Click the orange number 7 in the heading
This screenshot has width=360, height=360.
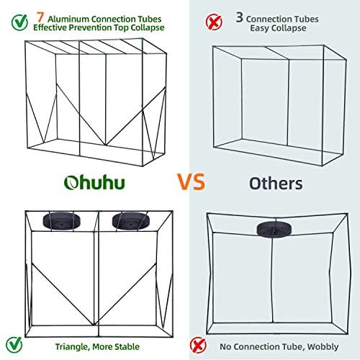pos(40,17)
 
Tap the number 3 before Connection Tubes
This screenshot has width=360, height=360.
pos(240,17)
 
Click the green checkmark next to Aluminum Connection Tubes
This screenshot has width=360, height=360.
pos(19,22)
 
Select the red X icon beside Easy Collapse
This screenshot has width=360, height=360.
pos(214,22)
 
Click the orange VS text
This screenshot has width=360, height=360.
pos(192,181)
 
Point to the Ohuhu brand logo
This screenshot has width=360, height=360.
pos(94,183)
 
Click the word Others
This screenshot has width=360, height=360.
pos(276,184)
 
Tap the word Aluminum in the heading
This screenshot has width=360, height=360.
pos(68,19)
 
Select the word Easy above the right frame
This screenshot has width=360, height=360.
pos(258,28)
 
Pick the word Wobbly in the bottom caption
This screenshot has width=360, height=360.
pos(323,347)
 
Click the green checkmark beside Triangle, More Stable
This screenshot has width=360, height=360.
pos(14,345)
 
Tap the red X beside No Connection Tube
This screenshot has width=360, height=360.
pos(198,346)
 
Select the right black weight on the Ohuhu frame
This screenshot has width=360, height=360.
pos(131,221)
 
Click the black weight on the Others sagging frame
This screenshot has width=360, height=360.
pos(274,230)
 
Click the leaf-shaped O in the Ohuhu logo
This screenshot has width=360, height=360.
pos(71,183)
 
